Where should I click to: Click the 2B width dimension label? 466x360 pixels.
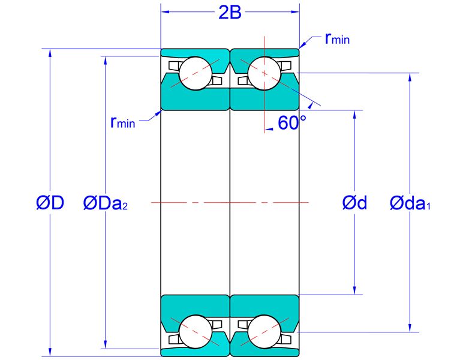(x=230, y=13)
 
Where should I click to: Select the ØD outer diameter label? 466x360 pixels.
(x=50, y=203)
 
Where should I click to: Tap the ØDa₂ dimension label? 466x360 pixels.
(x=106, y=203)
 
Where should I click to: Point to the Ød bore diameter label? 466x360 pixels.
(x=354, y=203)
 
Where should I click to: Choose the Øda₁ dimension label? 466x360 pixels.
(x=410, y=203)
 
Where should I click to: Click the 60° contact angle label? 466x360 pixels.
(x=292, y=122)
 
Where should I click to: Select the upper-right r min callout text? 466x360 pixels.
(x=337, y=38)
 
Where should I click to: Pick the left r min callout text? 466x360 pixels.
(x=122, y=122)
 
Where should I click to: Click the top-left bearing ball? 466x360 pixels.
(x=196, y=73)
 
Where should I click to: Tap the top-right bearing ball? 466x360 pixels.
(x=264, y=73)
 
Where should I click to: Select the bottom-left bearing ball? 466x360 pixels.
(x=196, y=331)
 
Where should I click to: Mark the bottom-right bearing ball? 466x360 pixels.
(x=264, y=331)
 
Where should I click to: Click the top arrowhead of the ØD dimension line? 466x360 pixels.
(x=50, y=53)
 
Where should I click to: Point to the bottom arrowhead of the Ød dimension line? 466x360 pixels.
(x=354, y=290)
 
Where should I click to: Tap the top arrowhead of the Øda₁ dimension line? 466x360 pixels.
(x=410, y=77)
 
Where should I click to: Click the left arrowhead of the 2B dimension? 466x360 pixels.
(x=165, y=12)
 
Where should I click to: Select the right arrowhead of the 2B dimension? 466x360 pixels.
(x=295, y=12)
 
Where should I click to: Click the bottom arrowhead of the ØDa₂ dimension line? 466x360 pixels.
(x=106, y=344)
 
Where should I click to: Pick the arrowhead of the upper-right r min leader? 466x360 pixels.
(x=302, y=45)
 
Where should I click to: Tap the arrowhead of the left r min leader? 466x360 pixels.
(x=158, y=113)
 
